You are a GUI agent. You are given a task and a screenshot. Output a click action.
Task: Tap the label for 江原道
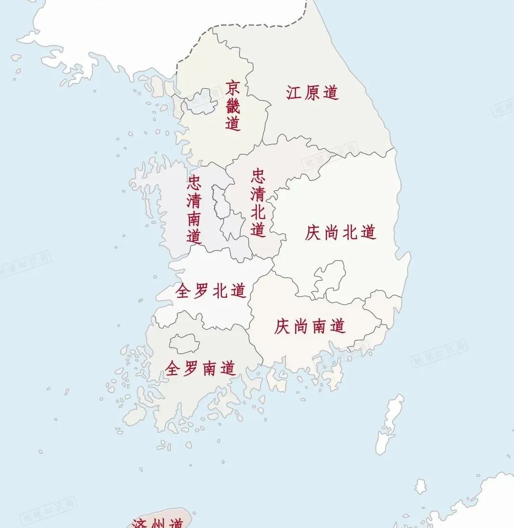[x=312, y=92]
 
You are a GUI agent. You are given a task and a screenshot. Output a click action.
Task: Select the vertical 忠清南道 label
[x=194, y=209]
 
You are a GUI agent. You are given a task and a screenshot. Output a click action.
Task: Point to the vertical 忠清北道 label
[x=258, y=202]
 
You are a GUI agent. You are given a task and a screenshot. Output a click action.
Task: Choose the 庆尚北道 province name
[x=340, y=233]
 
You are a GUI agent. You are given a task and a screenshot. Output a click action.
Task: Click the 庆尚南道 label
[x=310, y=327]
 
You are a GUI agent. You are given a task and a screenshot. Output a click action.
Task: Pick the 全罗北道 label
[x=211, y=291]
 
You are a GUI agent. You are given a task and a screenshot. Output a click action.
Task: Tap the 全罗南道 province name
[x=200, y=368]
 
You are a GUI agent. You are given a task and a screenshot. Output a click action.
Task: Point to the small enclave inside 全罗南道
[x=184, y=343]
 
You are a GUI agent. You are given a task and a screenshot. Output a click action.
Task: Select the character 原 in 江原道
[x=312, y=92]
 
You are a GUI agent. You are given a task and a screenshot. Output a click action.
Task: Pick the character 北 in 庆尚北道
[x=349, y=233]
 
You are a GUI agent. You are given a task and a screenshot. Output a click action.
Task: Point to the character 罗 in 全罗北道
[x=202, y=291]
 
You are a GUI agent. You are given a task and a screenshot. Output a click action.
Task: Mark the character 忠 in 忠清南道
[x=194, y=182]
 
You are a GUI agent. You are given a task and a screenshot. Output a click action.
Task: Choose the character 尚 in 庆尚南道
[x=301, y=327]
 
